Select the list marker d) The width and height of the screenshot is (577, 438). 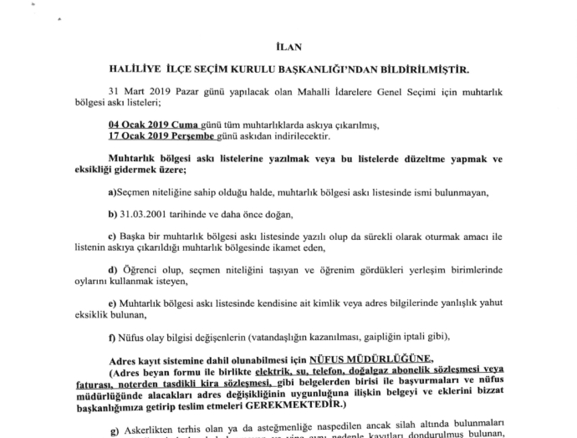tap(114, 272)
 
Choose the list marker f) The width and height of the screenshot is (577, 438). tap(113, 338)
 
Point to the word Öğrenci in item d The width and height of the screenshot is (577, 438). tap(141, 272)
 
